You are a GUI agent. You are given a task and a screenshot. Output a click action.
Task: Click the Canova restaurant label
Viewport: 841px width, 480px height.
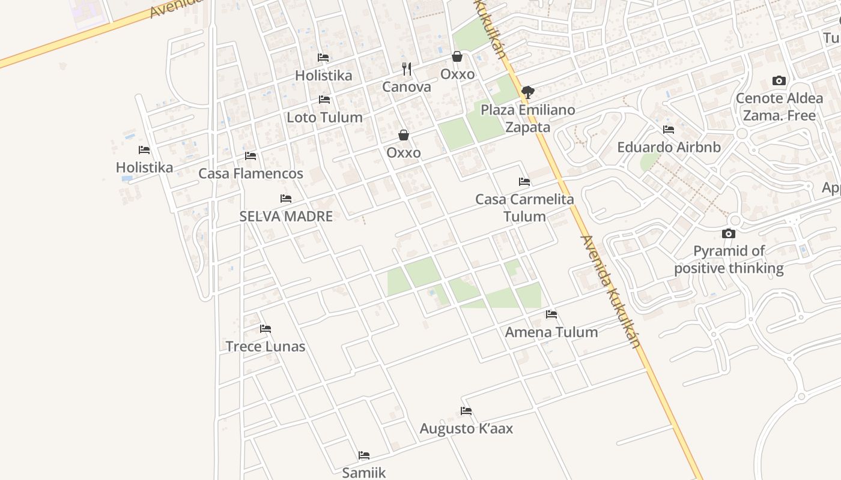point(407,87)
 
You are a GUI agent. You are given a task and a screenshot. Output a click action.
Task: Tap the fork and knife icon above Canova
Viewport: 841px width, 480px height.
point(407,69)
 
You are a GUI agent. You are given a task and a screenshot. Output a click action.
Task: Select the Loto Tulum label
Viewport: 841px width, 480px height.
point(324,117)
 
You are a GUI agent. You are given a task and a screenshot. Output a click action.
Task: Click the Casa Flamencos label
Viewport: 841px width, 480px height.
point(250,173)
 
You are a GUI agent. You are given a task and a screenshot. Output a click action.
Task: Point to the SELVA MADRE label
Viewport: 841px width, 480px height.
point(286,216)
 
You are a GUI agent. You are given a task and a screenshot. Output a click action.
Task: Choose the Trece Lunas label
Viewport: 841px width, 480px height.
point(266,346)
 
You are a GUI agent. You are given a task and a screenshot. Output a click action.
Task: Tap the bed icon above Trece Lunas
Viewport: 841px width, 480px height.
point(266,329)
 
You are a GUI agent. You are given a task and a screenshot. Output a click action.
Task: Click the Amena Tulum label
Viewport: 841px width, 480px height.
point(551,332)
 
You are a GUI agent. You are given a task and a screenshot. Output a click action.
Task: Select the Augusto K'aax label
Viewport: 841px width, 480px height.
point(466,428)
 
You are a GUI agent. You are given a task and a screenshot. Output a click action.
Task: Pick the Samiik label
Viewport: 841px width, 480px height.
point(364,472)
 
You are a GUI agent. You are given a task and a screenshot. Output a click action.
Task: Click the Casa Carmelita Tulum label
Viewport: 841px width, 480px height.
point(524,208)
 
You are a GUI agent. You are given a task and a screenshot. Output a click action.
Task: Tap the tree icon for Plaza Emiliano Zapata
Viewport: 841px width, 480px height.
point(527,92)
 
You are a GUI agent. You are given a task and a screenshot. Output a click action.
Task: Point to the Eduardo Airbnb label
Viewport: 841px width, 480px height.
point(669,147)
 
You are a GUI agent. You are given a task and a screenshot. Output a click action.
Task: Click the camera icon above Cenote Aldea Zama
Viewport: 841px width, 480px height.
point(779,80)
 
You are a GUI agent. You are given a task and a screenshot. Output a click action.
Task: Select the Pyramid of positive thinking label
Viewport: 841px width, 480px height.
point(729,259)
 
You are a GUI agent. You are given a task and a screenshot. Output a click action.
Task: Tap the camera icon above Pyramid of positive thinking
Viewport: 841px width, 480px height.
point(729,233)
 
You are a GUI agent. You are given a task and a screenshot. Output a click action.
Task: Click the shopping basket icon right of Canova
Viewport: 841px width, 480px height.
point(457,56)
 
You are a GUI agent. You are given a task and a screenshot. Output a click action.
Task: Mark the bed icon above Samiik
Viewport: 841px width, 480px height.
point(364,455)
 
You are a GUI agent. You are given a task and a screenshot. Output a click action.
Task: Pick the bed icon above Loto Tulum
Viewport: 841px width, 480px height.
point(324,100)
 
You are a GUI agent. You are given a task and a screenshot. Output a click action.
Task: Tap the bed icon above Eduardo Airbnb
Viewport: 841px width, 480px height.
point(669,130)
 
